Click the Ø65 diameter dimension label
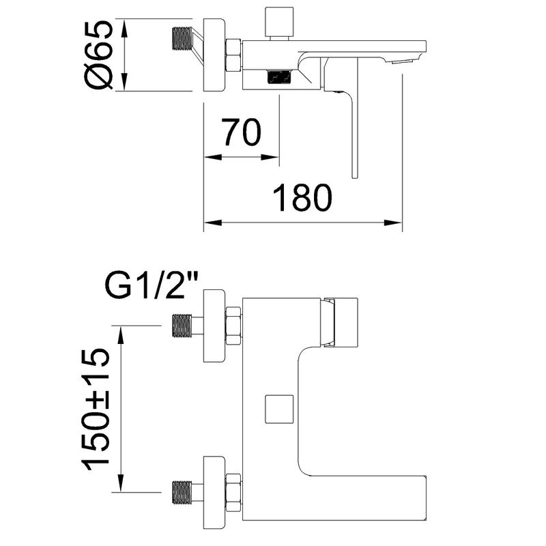pos(99,55)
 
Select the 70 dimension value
pos(242,132)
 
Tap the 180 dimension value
pos(302,198)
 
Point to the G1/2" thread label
pos(150,285)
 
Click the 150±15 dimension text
pos(96,409)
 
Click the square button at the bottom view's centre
pos(279,409)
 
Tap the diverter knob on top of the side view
pos(278,22)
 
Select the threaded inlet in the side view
pos(182,38)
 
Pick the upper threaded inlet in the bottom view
pos(182,326)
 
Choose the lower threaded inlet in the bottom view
pos(182,492)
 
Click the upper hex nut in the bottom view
pos(233,326)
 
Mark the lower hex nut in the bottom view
pos(233,492)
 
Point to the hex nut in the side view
pos(233,55)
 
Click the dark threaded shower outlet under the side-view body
pos(281,76)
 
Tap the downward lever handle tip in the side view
pos(354,176)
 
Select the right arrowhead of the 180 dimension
pos(394,223)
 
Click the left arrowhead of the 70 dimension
pos(213,158)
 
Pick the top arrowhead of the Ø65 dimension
pos(124,27)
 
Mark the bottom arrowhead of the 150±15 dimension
pos(121,483)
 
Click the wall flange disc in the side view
pos(214,55)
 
